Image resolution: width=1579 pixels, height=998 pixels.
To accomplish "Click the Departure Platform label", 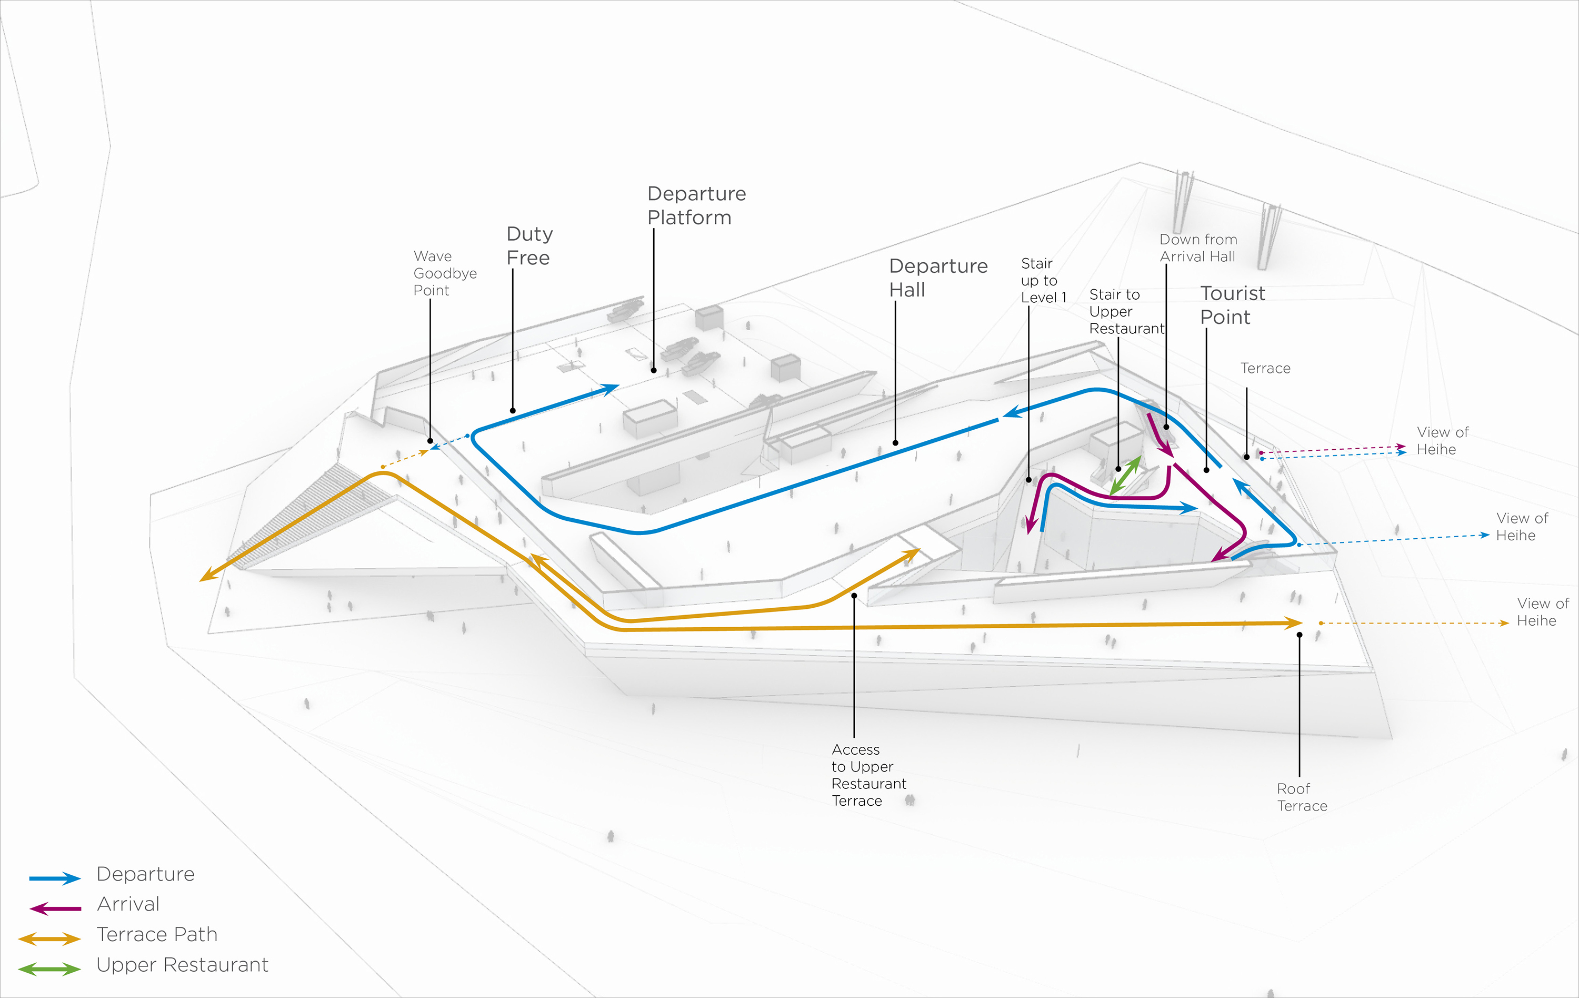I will (696, 205).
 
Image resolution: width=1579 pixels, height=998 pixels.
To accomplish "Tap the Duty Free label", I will (529, 245).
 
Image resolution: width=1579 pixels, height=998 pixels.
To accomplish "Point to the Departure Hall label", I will (938, 278).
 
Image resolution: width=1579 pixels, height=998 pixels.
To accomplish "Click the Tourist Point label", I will (1232, 305).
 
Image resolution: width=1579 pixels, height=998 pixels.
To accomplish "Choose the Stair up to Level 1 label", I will (1043, 280).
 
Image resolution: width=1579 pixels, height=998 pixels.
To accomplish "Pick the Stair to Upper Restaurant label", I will (1125, 312).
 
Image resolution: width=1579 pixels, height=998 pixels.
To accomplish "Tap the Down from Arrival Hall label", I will (1197, 248).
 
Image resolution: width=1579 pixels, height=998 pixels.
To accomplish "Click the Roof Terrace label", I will (1301, 797).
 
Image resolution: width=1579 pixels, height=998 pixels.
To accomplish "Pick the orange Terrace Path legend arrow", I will (50, 939).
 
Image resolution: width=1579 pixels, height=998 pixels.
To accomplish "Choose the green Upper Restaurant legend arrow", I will (50, 969).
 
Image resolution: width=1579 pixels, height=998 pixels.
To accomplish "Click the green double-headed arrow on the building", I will (1125, 476).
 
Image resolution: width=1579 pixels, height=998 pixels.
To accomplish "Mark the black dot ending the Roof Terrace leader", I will (1299, 635).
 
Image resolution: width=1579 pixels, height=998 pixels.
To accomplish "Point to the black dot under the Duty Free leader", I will (513, 411).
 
